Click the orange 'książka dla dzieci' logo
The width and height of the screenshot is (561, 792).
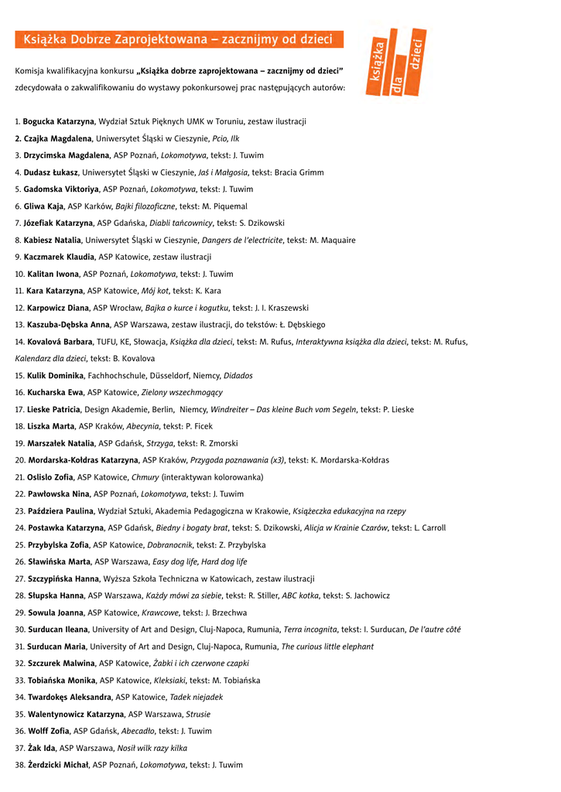(395, 63)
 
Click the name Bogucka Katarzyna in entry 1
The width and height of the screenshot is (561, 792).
(58, 121)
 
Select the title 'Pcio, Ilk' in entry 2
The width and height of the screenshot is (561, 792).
(225, 138)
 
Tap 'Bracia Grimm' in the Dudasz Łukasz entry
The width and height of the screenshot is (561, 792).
(299, 172)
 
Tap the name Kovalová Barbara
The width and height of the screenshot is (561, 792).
(59, 342)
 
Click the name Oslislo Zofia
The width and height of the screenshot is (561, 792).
(50, 477)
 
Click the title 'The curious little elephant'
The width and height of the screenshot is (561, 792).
(327, 647)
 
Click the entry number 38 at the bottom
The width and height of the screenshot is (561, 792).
(20, 765)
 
